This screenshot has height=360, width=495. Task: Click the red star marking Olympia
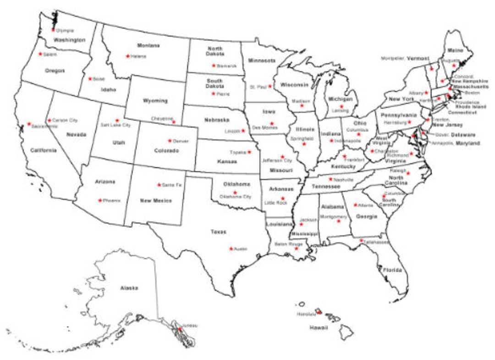click(53, 30)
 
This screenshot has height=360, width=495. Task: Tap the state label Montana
click(148, 45)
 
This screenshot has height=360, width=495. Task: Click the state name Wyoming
click(155, 101)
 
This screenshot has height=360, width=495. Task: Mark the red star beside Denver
click(170, 141)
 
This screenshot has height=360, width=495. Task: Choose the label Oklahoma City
click(235, 196)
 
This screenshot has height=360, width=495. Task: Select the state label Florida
click(392, 270)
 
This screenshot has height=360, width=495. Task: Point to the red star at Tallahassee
click(361, 240)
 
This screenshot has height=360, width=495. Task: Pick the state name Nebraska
click(216, 120)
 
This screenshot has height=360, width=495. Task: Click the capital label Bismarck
click(227, 65)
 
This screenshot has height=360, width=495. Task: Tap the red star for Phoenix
click(99, 200)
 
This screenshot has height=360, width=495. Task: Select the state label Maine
click(455, 50)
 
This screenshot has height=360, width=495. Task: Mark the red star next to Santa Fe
click(159, 185)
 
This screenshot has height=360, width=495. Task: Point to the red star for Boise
click(90, 79)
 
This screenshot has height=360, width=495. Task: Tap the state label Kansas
click(227, 162)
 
